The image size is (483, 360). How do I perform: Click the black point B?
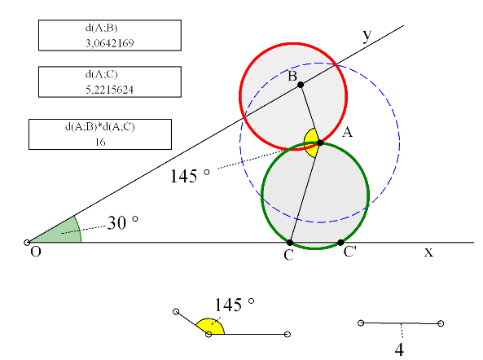(x=301, y=85)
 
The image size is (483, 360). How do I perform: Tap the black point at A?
(x=320, y=143)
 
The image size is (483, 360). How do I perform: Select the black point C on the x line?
(x=290, y=243)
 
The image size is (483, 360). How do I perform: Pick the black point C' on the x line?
(x=340, y=243)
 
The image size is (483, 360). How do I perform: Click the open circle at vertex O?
(x=27, y=243)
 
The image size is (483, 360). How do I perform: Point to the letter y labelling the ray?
(x=367, y=35)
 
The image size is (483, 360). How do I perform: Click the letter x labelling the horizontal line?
(x=428, y=252)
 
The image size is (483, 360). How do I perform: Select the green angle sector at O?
(x=62, y=232)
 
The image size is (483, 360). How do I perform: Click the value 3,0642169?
(x=110, y=43)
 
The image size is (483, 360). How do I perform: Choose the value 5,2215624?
(x=110, y=90)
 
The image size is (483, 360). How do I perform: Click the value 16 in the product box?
(x=100, y=142)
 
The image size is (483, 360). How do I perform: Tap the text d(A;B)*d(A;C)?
(x=100, y=126)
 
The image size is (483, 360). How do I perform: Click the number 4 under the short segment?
(x=399, y=350)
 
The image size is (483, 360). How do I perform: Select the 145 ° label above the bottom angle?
(x=234, y=305)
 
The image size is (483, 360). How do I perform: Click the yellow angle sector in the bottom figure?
(x=212, y=327)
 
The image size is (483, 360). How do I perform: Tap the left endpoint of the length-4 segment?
(x=361, y=323)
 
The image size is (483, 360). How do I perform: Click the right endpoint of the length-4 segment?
(x=441, y=323)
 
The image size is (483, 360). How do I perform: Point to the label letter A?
(x=347, y=132)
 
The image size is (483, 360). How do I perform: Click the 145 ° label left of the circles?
(x=190, y=176)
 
